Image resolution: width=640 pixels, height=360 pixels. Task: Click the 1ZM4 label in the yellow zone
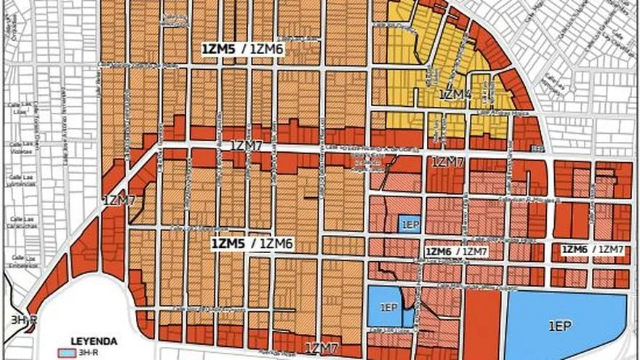coord(455,95)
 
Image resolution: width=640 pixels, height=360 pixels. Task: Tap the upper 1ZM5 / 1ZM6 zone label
coord(243,49)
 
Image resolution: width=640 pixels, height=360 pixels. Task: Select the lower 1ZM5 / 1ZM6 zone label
coord(252,244)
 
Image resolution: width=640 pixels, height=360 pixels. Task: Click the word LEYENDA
coord(94,340)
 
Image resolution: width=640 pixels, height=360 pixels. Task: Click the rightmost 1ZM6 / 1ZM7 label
coord(592,250)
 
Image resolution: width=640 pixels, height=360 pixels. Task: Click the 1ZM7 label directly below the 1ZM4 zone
coord(447,161)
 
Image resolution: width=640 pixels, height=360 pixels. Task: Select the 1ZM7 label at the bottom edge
coord(323,348)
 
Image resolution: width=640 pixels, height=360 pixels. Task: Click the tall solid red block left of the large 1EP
coord(482,323)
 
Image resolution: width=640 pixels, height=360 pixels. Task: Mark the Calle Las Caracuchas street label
coord(17,223)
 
